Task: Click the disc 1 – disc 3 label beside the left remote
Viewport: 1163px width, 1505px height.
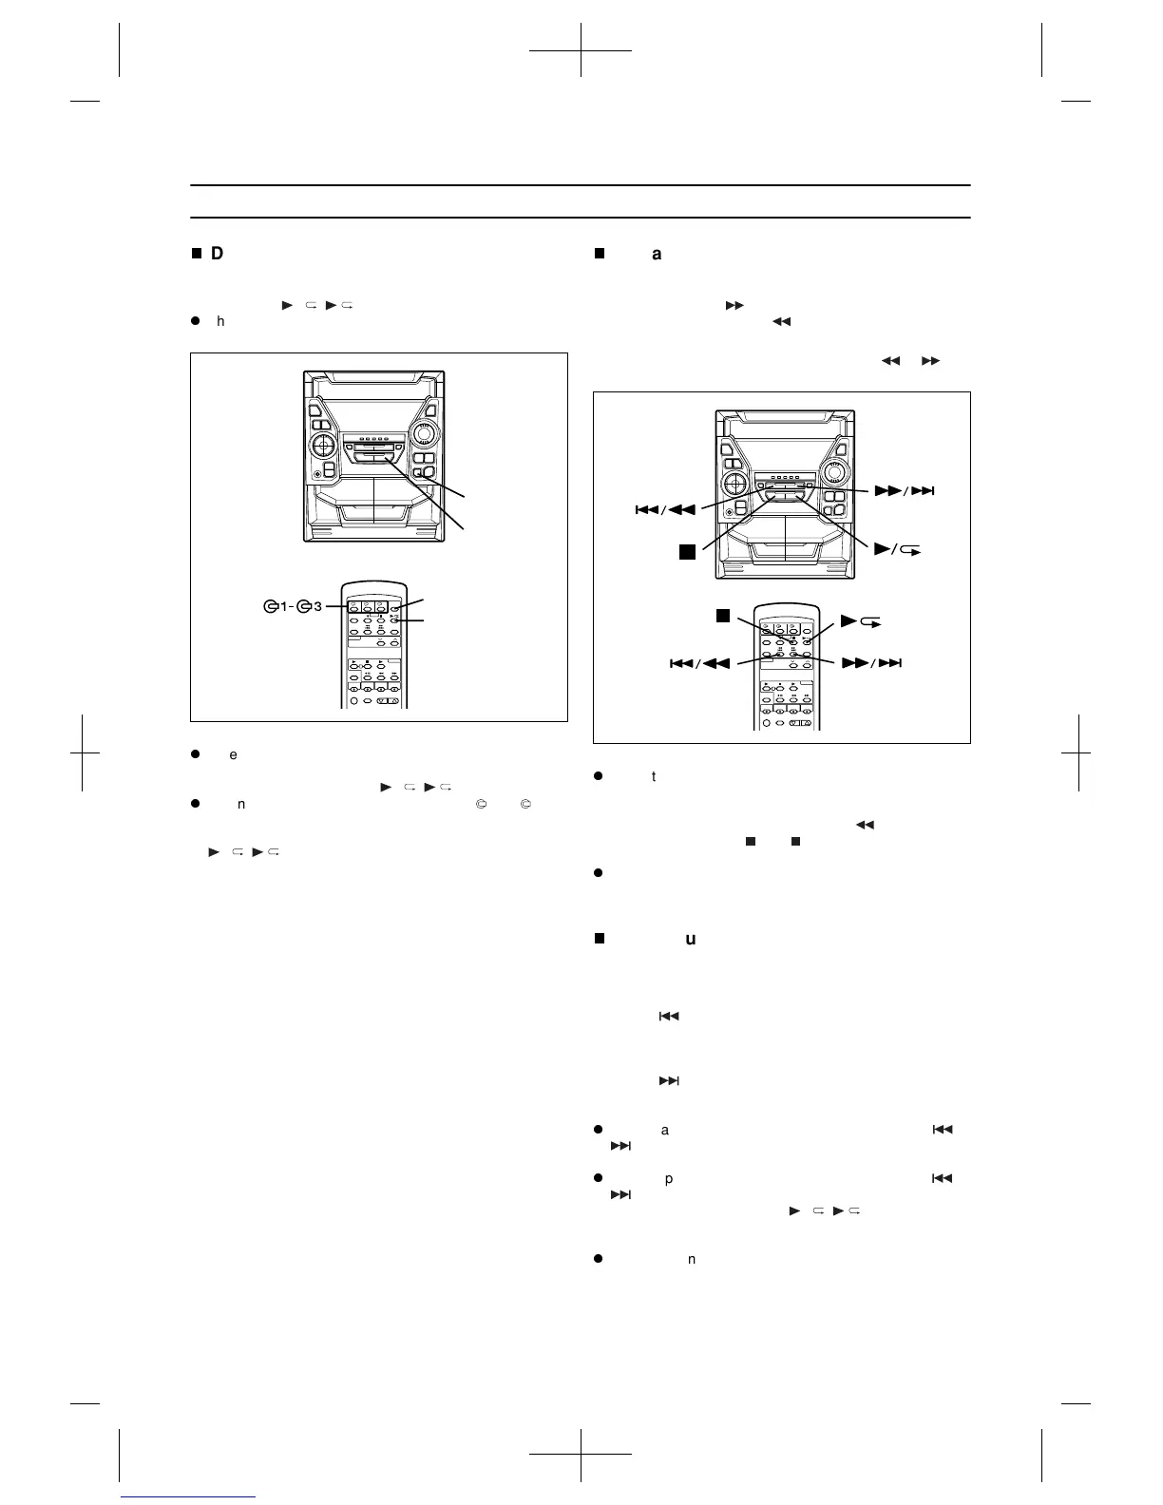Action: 294,606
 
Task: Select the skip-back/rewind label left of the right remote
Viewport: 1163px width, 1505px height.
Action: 700,663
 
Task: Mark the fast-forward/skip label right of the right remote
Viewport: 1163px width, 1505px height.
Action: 871,663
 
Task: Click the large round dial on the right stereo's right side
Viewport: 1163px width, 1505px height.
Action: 836,472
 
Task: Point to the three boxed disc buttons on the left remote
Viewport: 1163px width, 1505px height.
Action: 366,606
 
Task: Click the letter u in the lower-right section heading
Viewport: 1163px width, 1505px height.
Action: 691,939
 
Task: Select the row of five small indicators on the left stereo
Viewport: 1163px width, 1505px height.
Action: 372,439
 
